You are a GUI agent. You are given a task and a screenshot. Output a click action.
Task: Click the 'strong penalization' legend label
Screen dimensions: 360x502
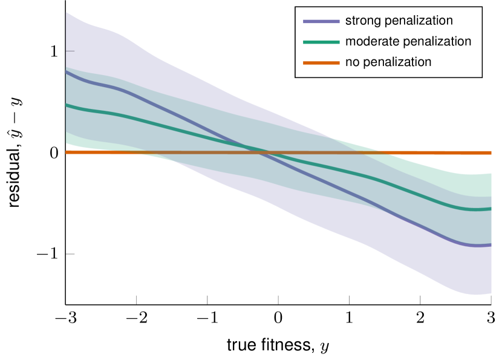399,21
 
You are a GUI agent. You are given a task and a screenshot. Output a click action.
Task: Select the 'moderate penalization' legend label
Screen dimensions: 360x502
408,41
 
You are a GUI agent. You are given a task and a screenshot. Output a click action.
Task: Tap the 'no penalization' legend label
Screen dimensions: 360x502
388,62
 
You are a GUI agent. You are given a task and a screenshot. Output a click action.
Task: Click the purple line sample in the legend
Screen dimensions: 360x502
321,21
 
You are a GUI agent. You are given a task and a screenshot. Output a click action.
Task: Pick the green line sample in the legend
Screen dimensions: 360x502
321,42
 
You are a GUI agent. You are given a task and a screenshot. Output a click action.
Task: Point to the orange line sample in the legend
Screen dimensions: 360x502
321,62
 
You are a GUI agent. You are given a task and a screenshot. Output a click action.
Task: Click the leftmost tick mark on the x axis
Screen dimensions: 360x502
137,299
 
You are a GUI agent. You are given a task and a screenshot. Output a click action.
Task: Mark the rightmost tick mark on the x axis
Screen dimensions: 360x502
491,299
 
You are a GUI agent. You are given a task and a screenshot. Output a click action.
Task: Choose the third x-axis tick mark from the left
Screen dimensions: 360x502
278,299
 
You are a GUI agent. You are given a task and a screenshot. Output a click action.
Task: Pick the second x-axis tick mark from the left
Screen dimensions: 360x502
207,299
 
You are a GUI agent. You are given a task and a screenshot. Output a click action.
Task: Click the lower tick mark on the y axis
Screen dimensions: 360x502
70,254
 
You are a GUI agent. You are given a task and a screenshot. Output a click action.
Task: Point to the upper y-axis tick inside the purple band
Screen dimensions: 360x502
70,51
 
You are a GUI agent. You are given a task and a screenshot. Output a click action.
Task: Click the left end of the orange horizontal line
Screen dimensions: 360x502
67,152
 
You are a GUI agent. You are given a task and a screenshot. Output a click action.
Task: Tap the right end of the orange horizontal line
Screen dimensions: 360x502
490,152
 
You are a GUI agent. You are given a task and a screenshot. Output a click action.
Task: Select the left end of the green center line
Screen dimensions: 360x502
67,105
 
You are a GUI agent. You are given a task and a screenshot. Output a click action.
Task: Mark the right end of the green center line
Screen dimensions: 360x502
490,209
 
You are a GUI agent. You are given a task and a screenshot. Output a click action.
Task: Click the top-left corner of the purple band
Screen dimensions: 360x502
66,13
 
